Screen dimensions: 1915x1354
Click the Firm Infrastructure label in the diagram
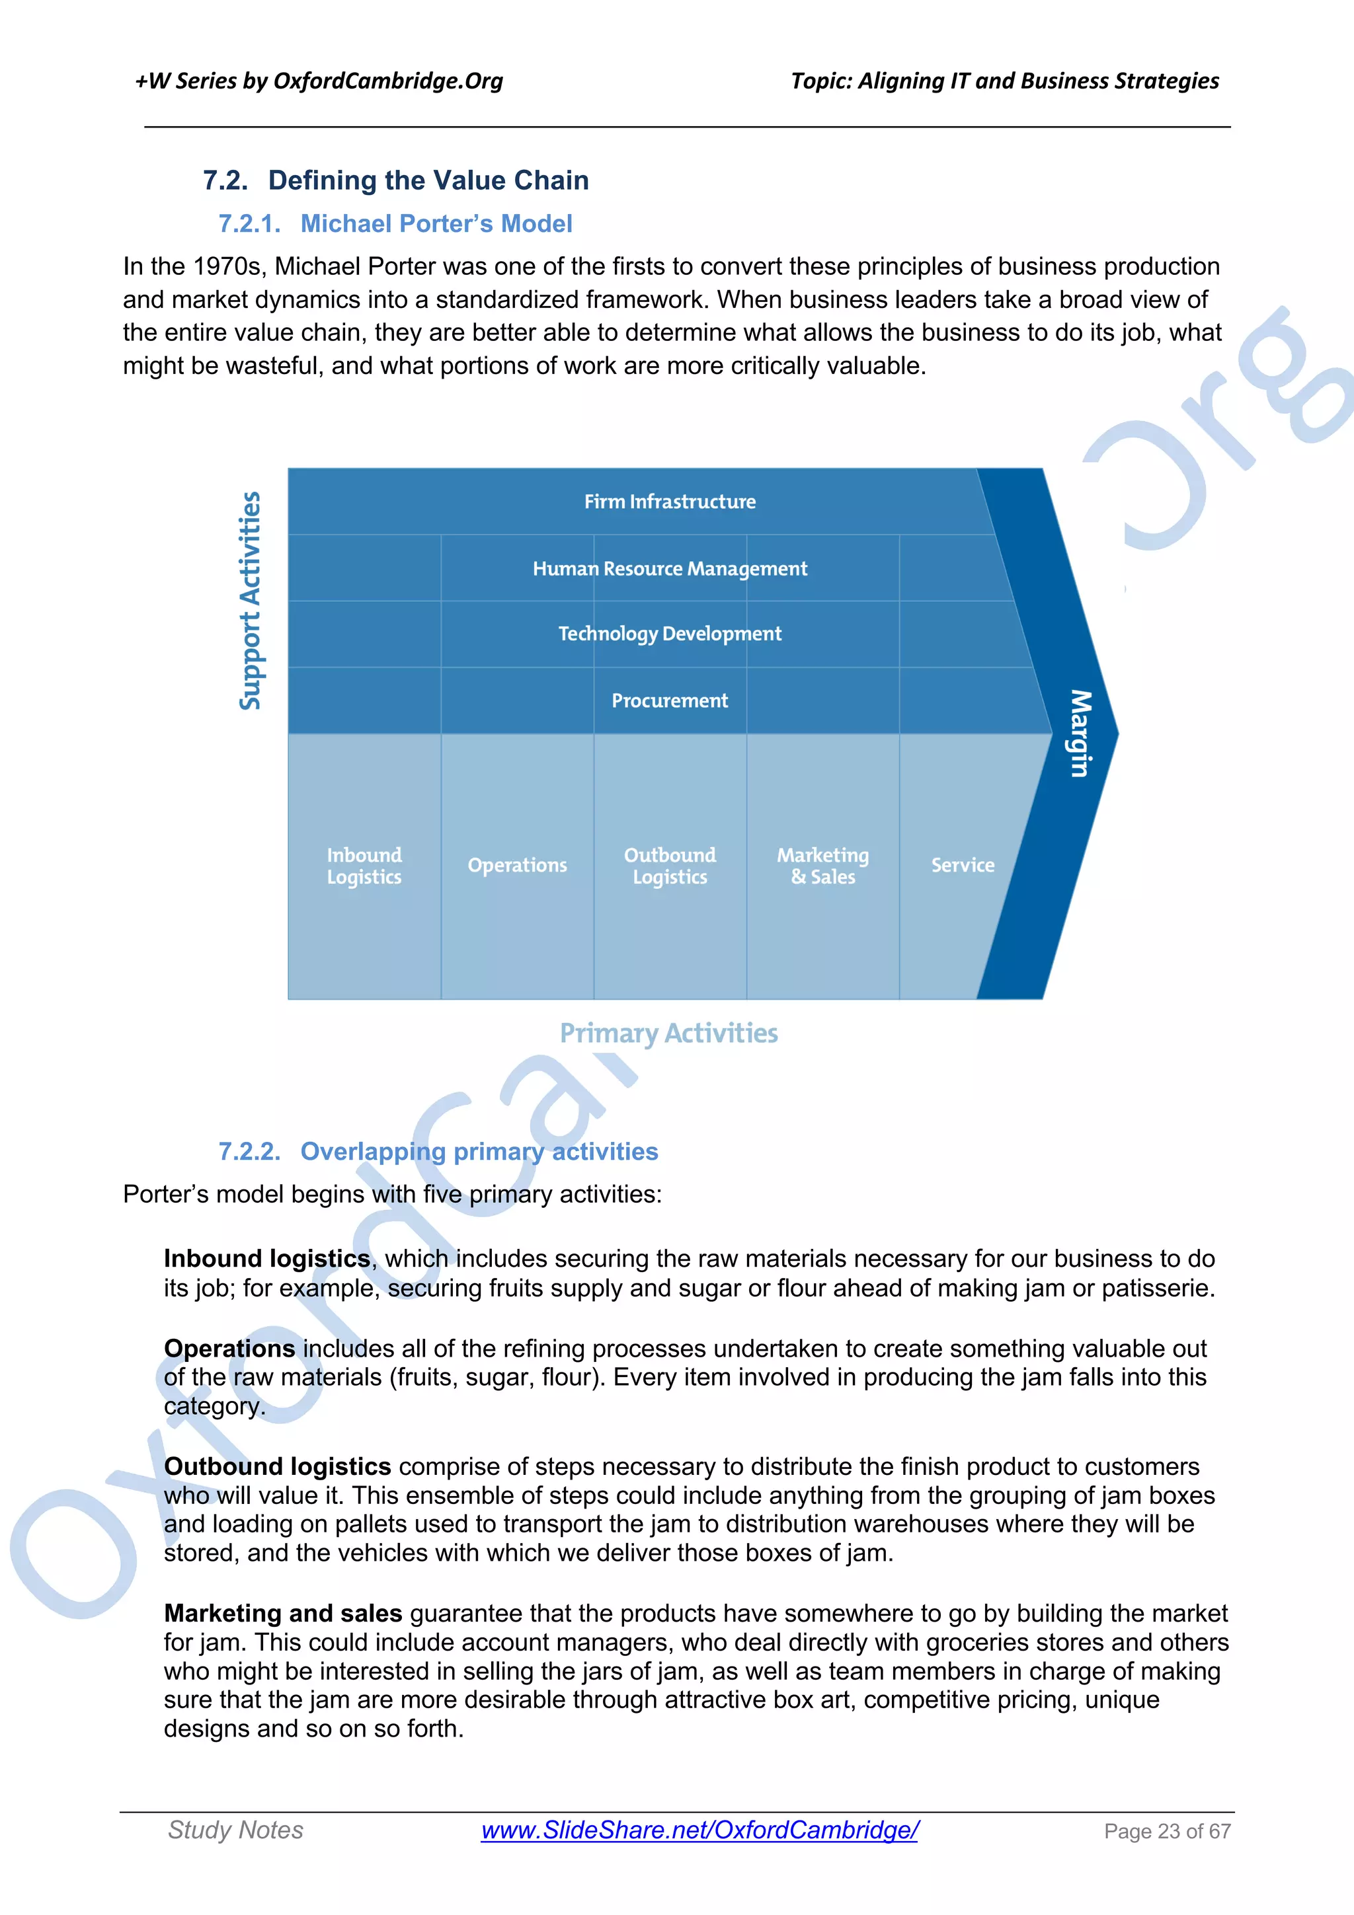pyautogui.click(x=670, y=502)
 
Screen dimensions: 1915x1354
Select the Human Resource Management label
pyautogui.click(x=670, y=569)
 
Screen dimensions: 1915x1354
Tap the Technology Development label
pyautogui.click(x=670, y=634)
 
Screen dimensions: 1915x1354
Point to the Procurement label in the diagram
pyautogui.click(x=670, y=700)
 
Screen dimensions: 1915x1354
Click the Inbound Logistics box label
pyautogui.click(x=364, y=866)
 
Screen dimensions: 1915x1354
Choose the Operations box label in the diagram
pyautogui.click(x=517, y=866)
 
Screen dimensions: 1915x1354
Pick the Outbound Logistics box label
pyautogui.click(x=670, y=866)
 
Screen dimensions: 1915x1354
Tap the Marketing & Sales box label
pyautogui.click(x=822, y=866)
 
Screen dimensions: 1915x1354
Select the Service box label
pyautogui.click(x=963, y=866)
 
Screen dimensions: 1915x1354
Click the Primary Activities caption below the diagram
pyautogui.click(x=669, y=1033)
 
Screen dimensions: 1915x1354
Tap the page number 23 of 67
pyautogui.click(x=1167, y=1832)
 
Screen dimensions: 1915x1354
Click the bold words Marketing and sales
pyautogui.click(x=283, y=1613)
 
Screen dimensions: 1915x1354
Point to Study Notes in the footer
pyautogui.click(x=235, y=1830)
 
